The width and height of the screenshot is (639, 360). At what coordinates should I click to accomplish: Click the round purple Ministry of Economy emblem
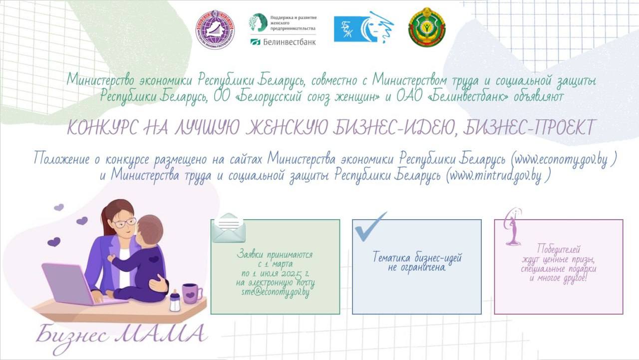215,29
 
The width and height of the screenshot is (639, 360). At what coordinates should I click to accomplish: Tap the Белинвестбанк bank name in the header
289,42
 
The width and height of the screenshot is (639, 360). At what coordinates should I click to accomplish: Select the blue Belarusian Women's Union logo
363,27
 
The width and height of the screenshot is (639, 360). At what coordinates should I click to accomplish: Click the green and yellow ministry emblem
426,27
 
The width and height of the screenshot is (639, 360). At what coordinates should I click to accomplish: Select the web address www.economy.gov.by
562,159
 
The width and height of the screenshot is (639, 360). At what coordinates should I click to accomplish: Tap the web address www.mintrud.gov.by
496,175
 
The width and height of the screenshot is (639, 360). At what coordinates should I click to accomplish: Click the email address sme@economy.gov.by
275,293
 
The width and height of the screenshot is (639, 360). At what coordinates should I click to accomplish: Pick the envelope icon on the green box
229,228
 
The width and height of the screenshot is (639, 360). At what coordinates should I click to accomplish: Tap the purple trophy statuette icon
513,227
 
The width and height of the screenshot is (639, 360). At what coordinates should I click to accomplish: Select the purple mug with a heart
191,294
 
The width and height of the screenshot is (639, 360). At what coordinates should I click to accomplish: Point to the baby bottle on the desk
175,301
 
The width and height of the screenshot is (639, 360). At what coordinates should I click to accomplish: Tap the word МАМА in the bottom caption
161,333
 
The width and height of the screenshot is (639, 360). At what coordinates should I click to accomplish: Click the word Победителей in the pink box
559,249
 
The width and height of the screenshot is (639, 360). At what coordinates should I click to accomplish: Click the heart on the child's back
154,259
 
